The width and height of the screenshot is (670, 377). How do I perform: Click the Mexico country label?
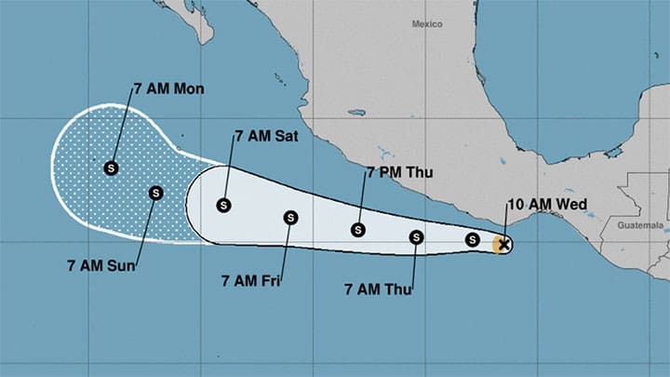pos(426,23)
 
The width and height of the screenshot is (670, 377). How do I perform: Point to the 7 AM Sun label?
pos(101,266)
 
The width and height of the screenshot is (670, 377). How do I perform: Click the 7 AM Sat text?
pos(266,136)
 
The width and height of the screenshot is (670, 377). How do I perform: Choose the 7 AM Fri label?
pos(250,279)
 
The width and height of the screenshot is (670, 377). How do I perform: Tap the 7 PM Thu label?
pos(399,172)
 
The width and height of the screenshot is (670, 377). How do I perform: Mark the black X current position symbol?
pos(503,245)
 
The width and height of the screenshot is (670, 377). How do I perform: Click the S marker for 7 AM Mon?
pos(112,168)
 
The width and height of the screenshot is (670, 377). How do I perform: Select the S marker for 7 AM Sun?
pos(154,193)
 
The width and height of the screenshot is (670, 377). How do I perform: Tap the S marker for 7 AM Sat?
pos(223,205)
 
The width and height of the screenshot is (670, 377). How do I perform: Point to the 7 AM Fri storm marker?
pos(290,217)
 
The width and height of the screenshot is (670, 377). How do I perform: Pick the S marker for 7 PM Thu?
pos(357,230)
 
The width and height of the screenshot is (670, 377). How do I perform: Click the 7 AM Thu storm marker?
pos(416,236)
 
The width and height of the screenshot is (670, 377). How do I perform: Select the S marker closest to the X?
pos(472,240)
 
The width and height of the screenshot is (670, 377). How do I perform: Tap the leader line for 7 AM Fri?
pos(283,247)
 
